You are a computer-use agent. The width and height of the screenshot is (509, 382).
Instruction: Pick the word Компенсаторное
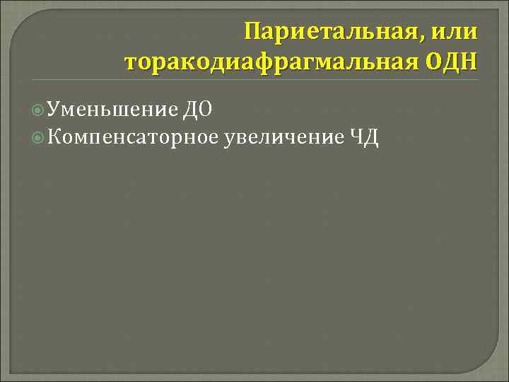(134, 136)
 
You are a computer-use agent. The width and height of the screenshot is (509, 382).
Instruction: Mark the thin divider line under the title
(283, 79)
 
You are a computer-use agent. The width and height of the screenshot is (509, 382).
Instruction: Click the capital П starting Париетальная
(252, 32)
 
